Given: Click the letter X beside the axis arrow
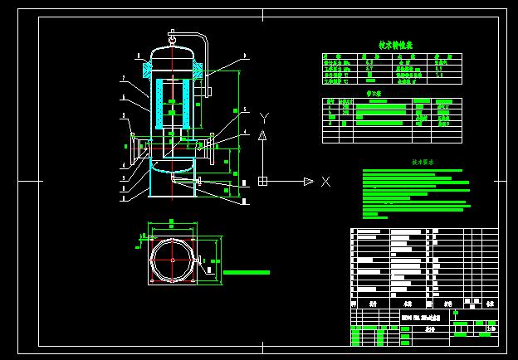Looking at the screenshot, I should (x=325, y=181).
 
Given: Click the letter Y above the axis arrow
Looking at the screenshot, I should (x=263, y=117).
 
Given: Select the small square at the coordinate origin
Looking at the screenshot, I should (x=262, y=181).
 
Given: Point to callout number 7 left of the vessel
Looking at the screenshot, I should (x=123, y=78).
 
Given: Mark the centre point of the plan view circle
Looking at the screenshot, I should (x=172, y=260).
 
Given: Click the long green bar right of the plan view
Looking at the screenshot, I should (x=247, y=271).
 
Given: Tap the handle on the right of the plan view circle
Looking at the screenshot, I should (x=203, y=260).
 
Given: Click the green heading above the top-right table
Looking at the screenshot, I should (x=396, y=45).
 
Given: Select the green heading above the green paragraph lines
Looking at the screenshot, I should (x=423, y=163).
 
